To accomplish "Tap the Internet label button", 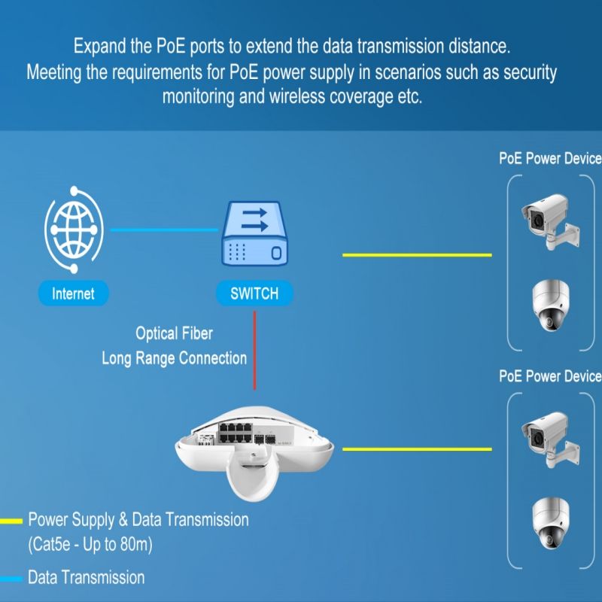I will [73, 293].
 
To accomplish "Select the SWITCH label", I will [254, 293].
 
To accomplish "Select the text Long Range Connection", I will [174, 358].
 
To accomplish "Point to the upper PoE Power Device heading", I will [550, 159].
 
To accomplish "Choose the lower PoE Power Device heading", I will [550, 376].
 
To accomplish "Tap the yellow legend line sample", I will [11, 520].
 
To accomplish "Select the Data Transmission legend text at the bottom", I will [86, 578].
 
